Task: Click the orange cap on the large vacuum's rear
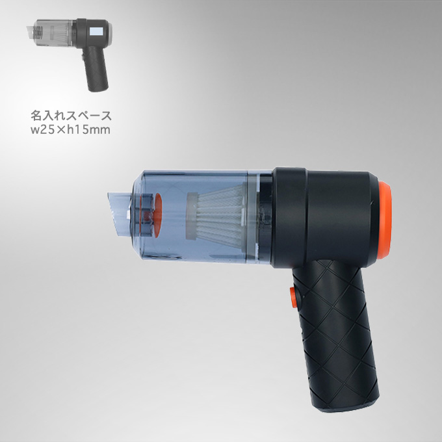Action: click(x=385, y=218)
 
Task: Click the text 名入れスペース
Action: click(x=71, y=116)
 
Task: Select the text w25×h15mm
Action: click(x=70, y=130)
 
